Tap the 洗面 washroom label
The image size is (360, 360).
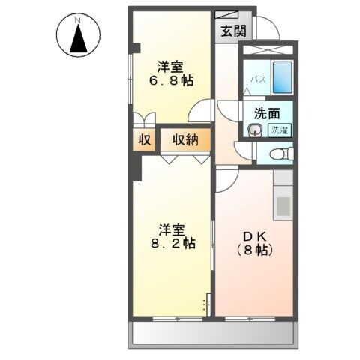point(266,115)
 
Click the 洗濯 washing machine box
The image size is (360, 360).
point(279,130)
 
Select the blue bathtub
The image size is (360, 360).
point(281,77)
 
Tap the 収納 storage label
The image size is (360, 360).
point(185,139)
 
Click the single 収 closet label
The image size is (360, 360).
point(144,139)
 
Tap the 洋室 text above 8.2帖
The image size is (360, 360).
point(172,228)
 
